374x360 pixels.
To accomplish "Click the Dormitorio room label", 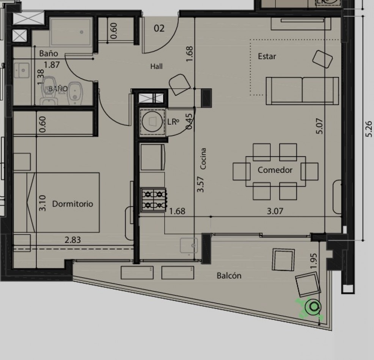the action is click(72, 204).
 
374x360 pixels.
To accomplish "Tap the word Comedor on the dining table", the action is click(275, 170).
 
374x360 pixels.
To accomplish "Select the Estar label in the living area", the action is click(267, 56).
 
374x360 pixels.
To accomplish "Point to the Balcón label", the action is click(229, 275).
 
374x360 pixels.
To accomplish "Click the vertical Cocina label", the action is click(203, 159).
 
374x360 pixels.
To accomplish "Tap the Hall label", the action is click(157, 66).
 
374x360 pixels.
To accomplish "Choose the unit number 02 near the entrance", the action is click(159, 28).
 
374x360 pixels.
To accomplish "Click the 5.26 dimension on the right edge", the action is click(369, 129).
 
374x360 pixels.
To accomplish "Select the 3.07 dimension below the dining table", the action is click(275, 211).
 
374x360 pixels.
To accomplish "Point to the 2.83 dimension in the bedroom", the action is click(73, 239).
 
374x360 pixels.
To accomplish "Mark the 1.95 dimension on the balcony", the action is click(314, 261).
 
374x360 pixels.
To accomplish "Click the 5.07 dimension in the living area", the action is click(319, 126).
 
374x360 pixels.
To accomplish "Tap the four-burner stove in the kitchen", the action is click(153, 200).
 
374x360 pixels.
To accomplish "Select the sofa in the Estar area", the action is click(302, 91).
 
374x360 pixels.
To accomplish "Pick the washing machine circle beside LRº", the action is click(152, 122).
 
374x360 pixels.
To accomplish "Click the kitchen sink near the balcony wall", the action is click(189, 245).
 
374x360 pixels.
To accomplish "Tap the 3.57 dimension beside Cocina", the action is click(201, 184).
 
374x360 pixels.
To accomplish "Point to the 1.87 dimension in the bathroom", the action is click(52, 64).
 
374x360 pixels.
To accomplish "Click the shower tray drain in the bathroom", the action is click(82, 32).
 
